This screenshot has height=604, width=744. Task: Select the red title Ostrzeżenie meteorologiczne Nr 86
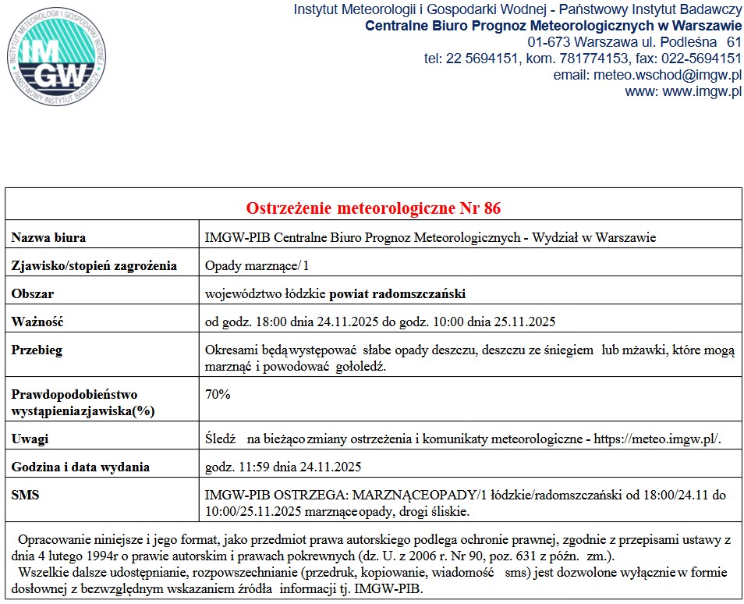374,208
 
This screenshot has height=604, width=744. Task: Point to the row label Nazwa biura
48,237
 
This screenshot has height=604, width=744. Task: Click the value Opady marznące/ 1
257,266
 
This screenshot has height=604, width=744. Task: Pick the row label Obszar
33,294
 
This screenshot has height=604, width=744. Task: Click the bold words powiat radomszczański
397,294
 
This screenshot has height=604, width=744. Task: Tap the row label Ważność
37,322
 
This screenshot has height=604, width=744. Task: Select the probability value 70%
218,395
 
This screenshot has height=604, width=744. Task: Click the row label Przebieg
37,350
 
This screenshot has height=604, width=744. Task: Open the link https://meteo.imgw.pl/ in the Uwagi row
657,439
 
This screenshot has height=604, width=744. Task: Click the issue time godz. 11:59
233,467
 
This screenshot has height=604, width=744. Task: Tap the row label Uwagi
30,439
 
